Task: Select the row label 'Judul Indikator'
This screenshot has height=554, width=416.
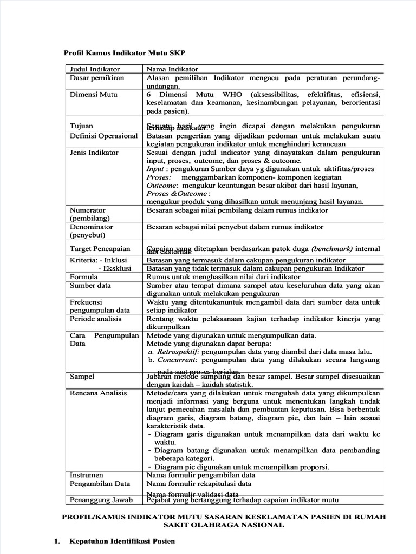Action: click(x=95, y=69)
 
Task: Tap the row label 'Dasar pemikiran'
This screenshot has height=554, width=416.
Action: click(x=97, y=78)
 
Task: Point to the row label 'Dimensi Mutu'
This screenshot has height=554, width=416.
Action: click(x=94, y=94)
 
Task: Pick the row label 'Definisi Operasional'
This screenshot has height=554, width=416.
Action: click(x=104, y=136)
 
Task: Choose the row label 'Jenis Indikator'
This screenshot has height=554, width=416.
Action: click(x=94, y=153)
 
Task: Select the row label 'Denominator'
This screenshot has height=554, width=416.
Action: click(x=92, y=227)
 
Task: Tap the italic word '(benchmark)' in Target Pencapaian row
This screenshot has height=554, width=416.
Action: click(x=332, y=248)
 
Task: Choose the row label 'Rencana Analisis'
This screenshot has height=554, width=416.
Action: click(x=99, y=393)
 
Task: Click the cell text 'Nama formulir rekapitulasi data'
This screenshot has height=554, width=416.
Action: click(x=199, y=484)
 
